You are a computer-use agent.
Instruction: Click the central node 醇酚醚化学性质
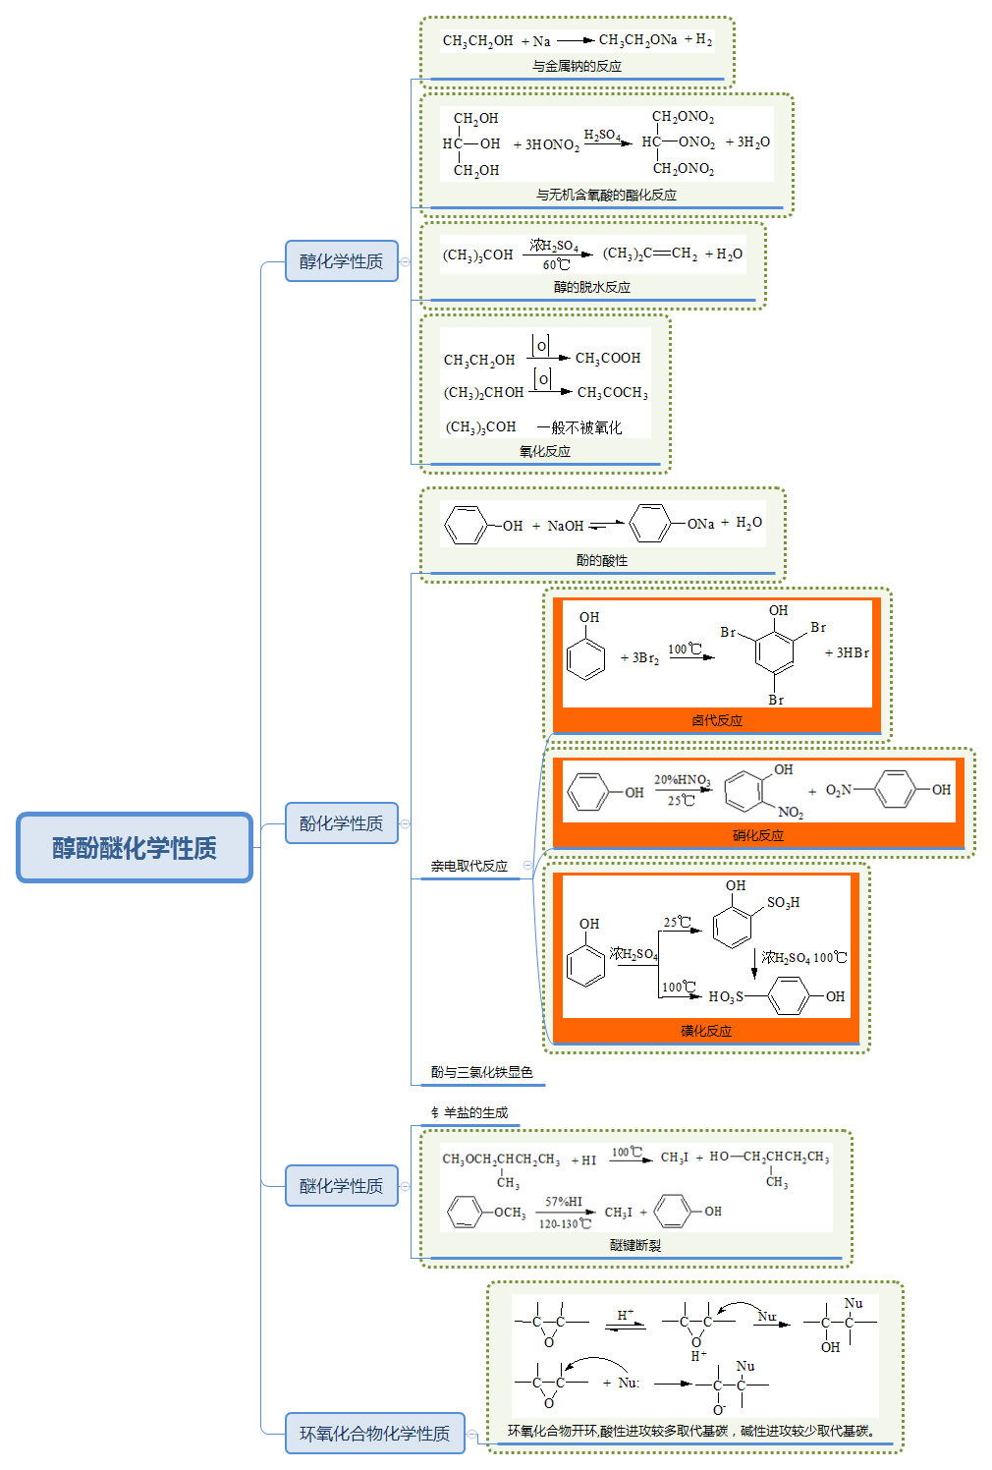click(x=135, y=847)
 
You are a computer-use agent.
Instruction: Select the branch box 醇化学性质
click(x=341, y=261)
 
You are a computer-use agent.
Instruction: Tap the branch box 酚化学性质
click(x=341, y=823)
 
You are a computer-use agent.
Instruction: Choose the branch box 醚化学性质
click(x=341, y=1186)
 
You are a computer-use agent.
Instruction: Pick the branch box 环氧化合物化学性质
click(x=374, y=1434)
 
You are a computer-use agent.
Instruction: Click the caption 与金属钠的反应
click(x=577, y=66)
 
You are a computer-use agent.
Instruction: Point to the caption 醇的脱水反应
click(x=591, y=287)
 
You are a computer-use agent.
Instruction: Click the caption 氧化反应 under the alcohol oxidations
click(x=544, y=451)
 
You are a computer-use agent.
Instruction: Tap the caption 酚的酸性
click(x=601, y=560)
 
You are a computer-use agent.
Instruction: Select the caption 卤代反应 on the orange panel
click(x=716, y=720)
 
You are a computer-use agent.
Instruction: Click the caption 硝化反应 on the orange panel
click(x=757, y=835)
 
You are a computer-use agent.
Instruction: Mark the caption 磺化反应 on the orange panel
click(x=705, y=1031)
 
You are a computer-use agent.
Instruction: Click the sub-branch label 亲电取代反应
click(x=468, y=866)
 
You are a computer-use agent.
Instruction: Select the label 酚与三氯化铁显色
click(x=481, y=1072)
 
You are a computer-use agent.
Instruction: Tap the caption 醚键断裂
click(x=634, y=1245)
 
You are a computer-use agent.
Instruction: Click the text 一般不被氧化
click(x=579, y=427)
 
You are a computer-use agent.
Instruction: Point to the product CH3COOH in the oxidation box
click(x=607, y=359)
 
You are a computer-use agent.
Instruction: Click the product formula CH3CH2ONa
click(x=637, y=40)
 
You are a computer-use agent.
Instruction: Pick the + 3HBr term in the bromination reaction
click(x=846, y=652)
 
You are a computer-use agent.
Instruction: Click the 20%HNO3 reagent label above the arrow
click(x=682, y=780)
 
